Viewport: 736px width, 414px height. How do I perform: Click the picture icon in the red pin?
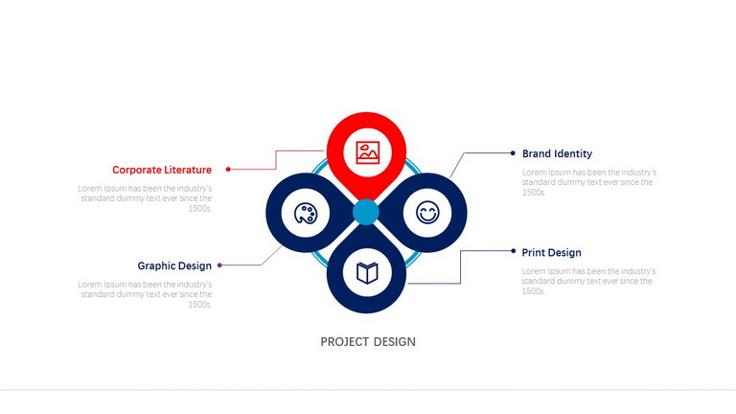pos(368,152)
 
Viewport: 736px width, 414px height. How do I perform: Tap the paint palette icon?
pos(306,214)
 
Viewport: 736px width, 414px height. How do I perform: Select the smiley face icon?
pos(427,212)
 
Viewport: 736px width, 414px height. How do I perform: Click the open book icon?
pos(367,273)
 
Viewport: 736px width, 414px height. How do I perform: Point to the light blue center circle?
pos(366,212)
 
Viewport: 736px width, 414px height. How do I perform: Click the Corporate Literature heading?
pos(162,170)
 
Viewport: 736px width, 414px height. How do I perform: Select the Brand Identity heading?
pos(557,153)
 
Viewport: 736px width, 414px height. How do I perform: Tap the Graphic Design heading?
pos(174,265)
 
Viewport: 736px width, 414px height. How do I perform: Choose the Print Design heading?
pos(552,253)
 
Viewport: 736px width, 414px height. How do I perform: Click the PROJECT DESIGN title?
pos(368,342)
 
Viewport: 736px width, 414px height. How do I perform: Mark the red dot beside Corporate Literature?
pos(228,170)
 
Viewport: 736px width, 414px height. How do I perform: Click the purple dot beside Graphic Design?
pos(219,265)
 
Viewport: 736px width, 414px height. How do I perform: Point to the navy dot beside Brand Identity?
pos(513,153)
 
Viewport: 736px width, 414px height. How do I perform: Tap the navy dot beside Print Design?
pos(513,251)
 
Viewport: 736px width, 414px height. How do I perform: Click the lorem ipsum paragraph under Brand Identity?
pos(589,182)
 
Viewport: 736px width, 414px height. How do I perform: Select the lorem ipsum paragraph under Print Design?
pos(588,281)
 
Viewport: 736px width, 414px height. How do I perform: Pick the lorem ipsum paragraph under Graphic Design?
pos(145,294)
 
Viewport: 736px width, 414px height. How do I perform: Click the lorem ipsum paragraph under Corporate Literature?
pos(145,198)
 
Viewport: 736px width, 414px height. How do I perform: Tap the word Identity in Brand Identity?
pos(574,153)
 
